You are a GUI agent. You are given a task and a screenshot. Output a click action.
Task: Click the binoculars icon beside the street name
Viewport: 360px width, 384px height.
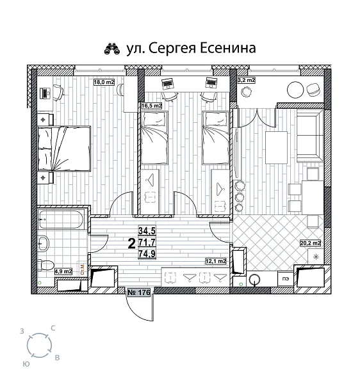111,48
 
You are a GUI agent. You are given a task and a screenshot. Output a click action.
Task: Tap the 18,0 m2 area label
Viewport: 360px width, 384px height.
104,82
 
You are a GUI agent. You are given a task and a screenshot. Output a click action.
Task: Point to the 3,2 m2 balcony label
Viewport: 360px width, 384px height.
247,81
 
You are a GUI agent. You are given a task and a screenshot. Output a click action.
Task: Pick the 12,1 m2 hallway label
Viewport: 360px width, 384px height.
215,261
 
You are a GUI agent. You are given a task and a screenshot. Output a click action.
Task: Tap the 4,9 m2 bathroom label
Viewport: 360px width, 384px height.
63,271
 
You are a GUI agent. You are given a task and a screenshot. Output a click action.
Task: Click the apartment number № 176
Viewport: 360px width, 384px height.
140,293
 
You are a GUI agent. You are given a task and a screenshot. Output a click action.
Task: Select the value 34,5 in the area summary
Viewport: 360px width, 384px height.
147,232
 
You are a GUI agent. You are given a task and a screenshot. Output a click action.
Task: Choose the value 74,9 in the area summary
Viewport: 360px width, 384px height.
147,253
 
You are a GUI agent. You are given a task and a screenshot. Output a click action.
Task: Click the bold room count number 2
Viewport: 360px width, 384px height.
131,243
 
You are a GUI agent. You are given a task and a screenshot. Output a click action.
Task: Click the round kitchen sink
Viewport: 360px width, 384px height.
256,279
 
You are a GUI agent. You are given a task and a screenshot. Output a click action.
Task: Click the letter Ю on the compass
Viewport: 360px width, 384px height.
26,362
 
